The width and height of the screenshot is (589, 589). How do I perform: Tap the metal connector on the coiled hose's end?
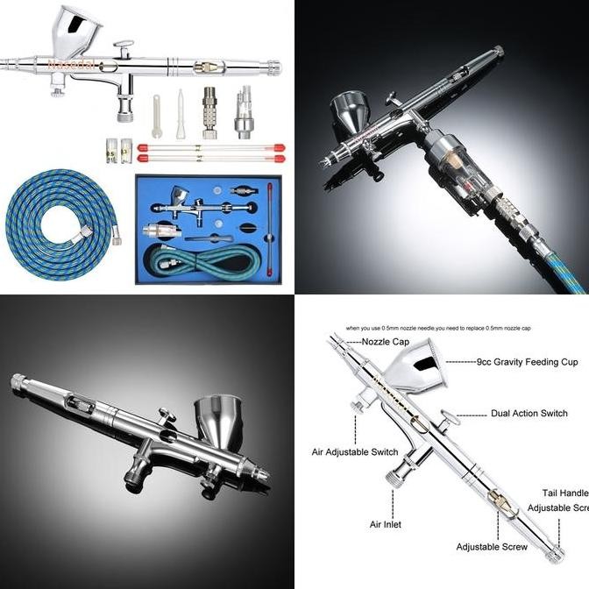(115, 234)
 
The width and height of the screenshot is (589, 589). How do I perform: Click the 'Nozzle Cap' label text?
(386, 341)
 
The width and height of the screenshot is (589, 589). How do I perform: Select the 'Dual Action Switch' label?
(529, 413)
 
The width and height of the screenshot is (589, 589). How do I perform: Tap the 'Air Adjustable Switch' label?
(355, 453)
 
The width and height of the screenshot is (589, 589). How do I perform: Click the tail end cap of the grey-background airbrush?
(18, 381)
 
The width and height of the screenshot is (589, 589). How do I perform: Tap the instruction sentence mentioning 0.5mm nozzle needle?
(438, 328)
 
